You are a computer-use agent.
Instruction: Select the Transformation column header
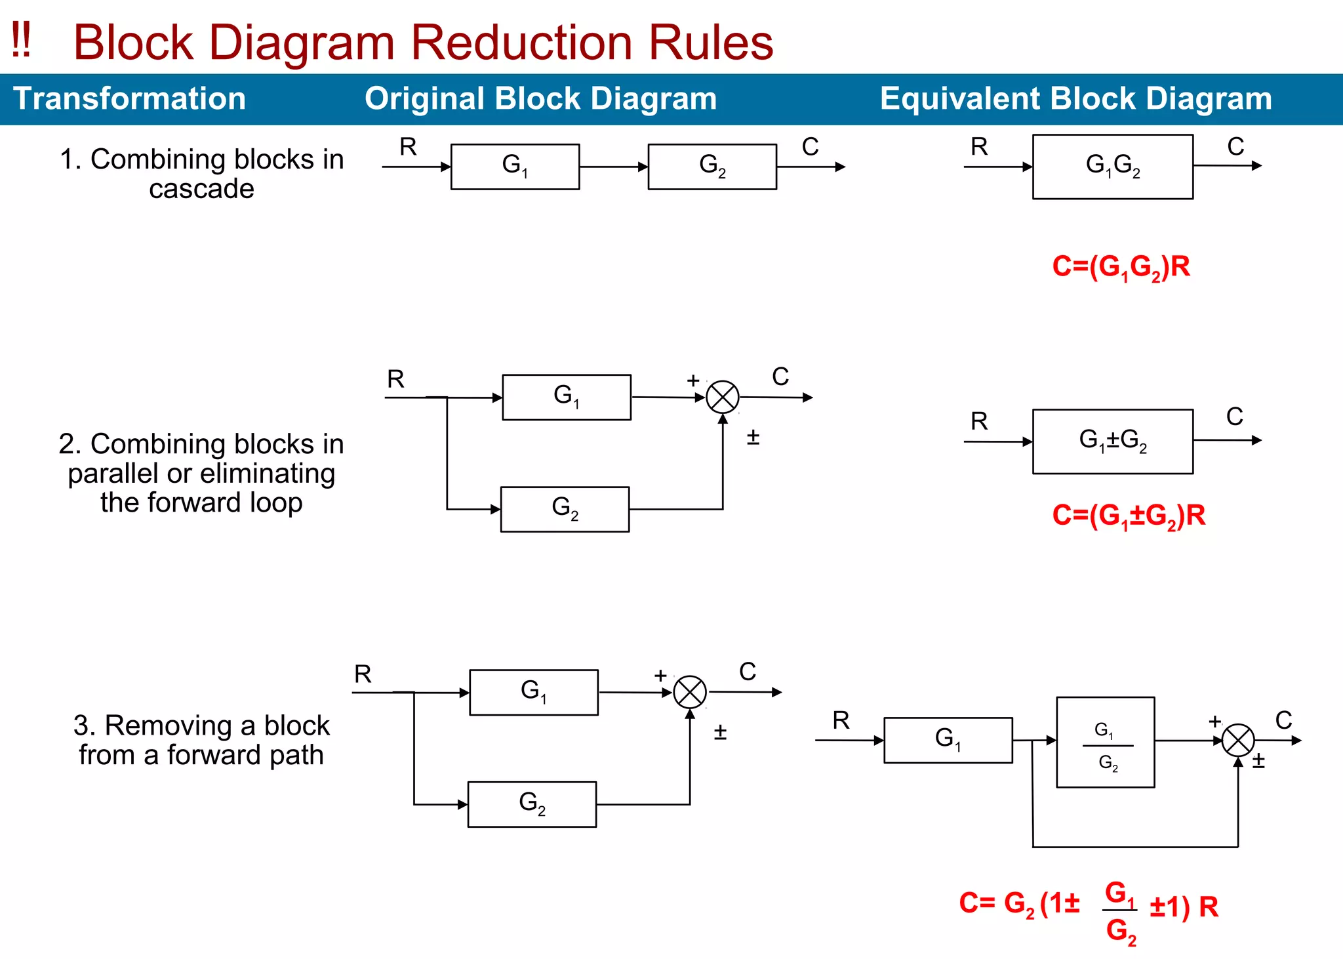(x=130, y=99)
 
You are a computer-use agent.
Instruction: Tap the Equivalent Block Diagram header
(x=1075, y=99)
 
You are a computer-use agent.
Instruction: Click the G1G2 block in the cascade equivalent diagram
(x=1112, y=167)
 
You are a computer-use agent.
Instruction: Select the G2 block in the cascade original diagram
(x=712, y=167)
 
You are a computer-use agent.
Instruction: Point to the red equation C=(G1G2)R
(x=1121, y=267)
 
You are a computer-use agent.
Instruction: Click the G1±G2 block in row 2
(x=1112, y=441)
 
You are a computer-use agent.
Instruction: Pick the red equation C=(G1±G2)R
(x=1128, y=516)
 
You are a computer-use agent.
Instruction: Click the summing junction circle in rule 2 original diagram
(x=723, y=398)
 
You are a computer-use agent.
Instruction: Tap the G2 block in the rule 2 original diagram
(x=565, y=509)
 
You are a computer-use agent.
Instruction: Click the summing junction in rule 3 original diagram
(x=690, y=693)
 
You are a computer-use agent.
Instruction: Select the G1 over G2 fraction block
(x=1106, y=742)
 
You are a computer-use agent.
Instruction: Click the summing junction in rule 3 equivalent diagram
(x=1238, y=741)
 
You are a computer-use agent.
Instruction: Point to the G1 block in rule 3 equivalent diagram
(x=948, y=740)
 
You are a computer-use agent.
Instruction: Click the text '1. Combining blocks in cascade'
(x=201, y=174)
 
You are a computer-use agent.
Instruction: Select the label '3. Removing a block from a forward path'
(x=201, y=740)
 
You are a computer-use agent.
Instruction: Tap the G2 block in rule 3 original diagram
(x=532, y=804)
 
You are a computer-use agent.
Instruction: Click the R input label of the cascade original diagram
(x=408, y=147)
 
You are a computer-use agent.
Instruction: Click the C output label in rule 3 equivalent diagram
(x=1283, y=720)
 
